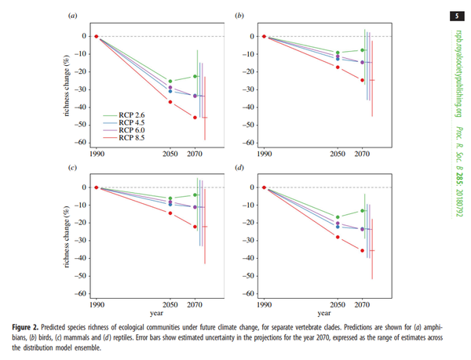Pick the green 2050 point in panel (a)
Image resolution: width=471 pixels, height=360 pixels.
(x=171, y=82)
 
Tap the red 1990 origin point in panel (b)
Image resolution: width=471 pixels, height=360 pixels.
(x=264, y=36)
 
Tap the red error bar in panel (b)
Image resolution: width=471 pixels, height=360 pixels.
(x=372, y=80)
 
